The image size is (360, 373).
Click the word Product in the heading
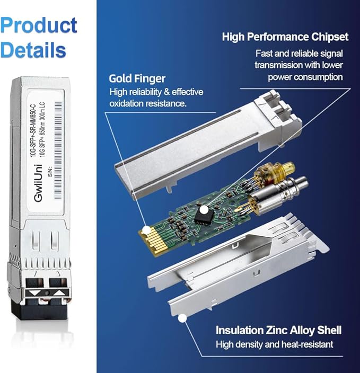coord(39,25)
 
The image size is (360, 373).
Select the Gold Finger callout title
coord(137,78)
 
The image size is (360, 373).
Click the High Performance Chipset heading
coord(285,37)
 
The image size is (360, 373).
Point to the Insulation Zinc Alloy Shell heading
coord(278,331)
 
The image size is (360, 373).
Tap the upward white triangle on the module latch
coord(59,292)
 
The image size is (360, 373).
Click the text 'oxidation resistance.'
coord(148,103)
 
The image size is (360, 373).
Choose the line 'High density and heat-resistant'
coord(274,345)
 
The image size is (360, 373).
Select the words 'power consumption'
coord(305,77)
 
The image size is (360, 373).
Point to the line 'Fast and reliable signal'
coord(299,54)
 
